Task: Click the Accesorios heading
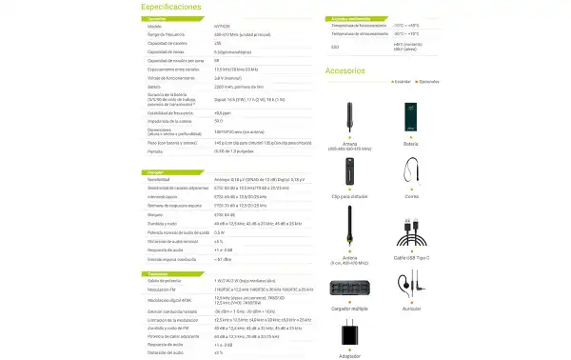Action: click(x=345, y=70)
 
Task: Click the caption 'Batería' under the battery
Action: click(x=412, y=145)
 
